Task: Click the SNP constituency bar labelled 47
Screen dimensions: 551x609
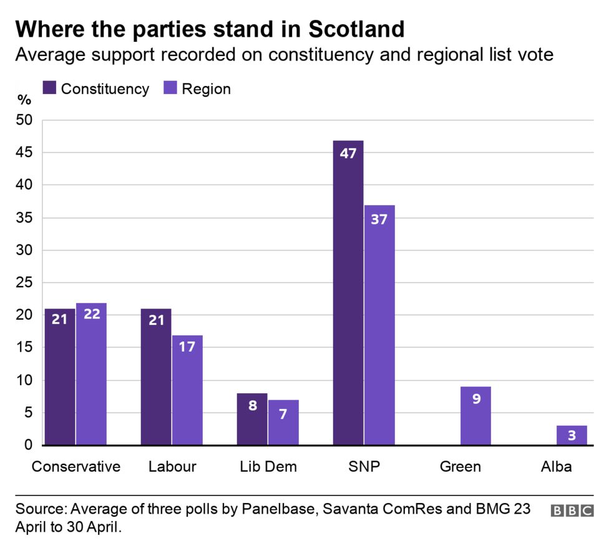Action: [x=348, y=293]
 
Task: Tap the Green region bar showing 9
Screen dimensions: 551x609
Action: [x=475, y=416]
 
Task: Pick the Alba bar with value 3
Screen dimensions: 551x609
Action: [x=572, y=435]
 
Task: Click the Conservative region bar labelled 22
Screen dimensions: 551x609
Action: [x=91, y=374]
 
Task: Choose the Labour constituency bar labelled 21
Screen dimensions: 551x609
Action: [x=156, y=377]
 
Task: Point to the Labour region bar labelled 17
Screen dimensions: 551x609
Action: [x=187, y=390]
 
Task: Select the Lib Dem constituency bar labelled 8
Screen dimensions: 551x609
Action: [x=252, y=419]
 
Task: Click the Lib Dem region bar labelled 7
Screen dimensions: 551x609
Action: [x=283, y=422]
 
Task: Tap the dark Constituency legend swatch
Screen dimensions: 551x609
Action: [x=49, y=89]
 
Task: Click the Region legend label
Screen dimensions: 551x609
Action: [x=206, y=89]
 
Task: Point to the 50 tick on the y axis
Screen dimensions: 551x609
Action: [x=24, y=120]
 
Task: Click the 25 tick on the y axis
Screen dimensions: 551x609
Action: [x=24, y=283]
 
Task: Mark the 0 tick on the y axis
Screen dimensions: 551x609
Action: [x=29, y=445]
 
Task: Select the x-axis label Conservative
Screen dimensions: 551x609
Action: [x=76, y=466]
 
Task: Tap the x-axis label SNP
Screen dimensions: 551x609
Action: [x=364, y=466]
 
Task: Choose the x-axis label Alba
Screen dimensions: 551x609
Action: [x=556, y=466]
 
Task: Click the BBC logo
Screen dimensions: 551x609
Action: [x=572, y=510]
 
